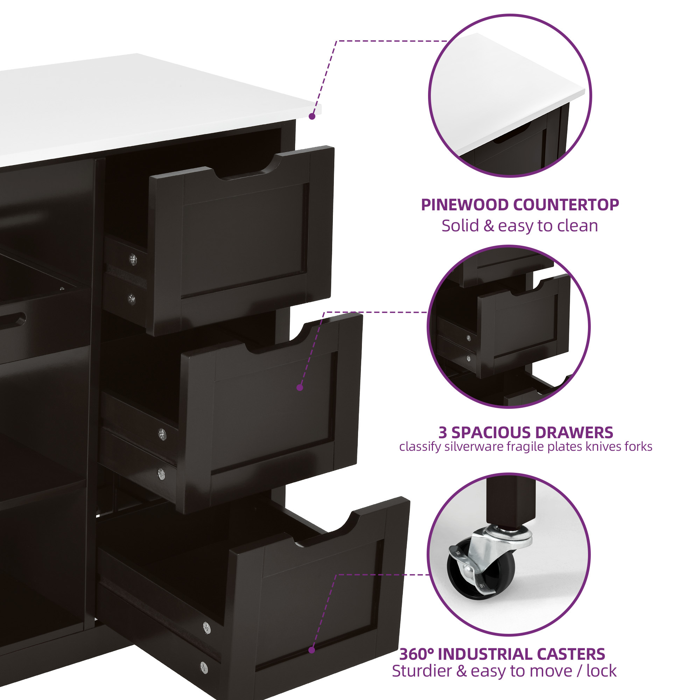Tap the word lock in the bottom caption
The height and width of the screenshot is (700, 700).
601,671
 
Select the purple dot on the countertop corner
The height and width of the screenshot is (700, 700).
312,116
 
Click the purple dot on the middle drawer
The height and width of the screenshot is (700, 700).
300,387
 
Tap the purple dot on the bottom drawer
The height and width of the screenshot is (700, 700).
311,650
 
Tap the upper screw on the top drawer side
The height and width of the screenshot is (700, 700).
133,259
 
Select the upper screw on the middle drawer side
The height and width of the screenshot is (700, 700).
163,434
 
